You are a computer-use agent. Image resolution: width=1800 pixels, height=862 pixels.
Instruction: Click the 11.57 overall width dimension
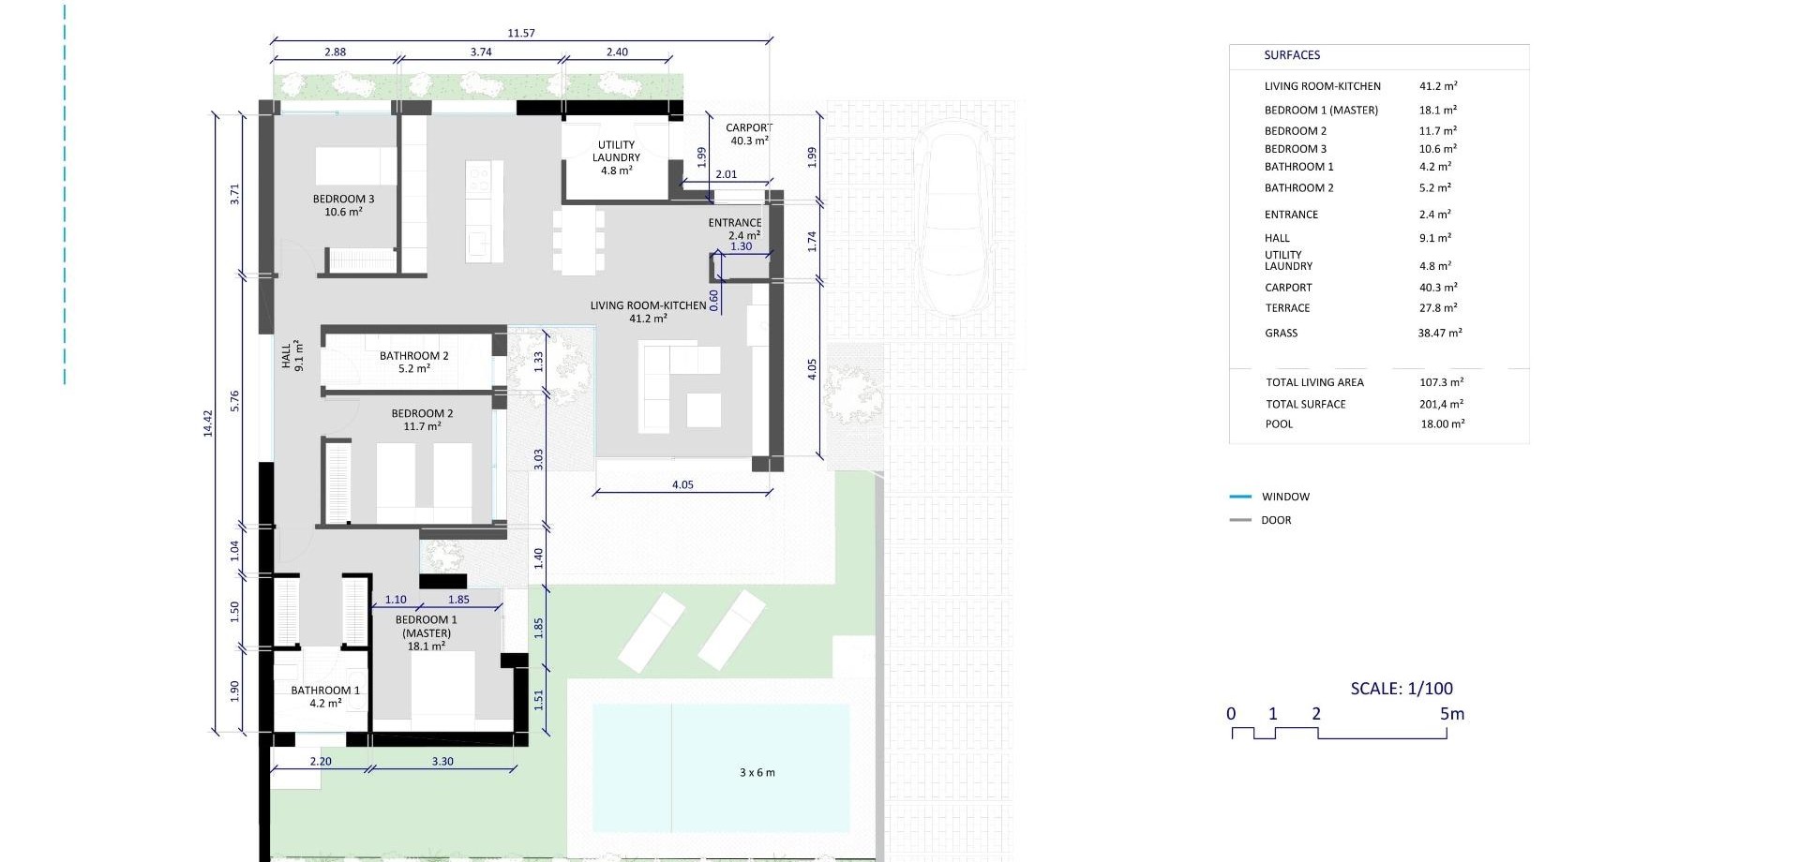(x=521, y=33)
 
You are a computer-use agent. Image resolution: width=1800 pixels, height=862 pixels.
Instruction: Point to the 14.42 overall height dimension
(x=208, y=424)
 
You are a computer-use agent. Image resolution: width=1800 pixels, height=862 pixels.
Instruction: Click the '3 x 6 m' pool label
(x=757, y=773)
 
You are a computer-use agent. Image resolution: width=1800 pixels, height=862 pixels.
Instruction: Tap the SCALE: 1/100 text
(x=1401, y=689)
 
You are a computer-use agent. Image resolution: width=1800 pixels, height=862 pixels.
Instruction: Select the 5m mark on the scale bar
(x=1451, y=714)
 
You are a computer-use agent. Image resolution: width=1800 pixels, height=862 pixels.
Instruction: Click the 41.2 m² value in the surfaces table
(x=1438, y=86)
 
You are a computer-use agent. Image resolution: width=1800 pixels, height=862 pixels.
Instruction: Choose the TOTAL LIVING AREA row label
(x=1314, y=382)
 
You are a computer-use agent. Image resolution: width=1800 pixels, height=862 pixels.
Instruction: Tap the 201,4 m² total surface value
(x=1441, y=404)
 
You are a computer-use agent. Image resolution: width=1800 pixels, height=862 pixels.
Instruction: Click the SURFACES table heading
(x=1291, y=55)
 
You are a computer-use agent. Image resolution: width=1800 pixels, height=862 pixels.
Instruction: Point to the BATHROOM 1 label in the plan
(x=324, y=691)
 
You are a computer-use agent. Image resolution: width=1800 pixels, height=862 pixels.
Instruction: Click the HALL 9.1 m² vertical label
(x=292, y=355)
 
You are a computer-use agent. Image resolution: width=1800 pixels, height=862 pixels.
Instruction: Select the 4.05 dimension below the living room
(x=682, y=484)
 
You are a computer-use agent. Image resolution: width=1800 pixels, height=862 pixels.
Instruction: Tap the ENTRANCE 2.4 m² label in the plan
(x=735, y=229)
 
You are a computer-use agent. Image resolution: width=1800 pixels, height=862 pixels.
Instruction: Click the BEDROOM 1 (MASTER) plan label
(x=427, y=632)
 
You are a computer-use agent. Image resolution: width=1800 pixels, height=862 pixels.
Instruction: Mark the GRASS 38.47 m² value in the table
(x=1439, y=333)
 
